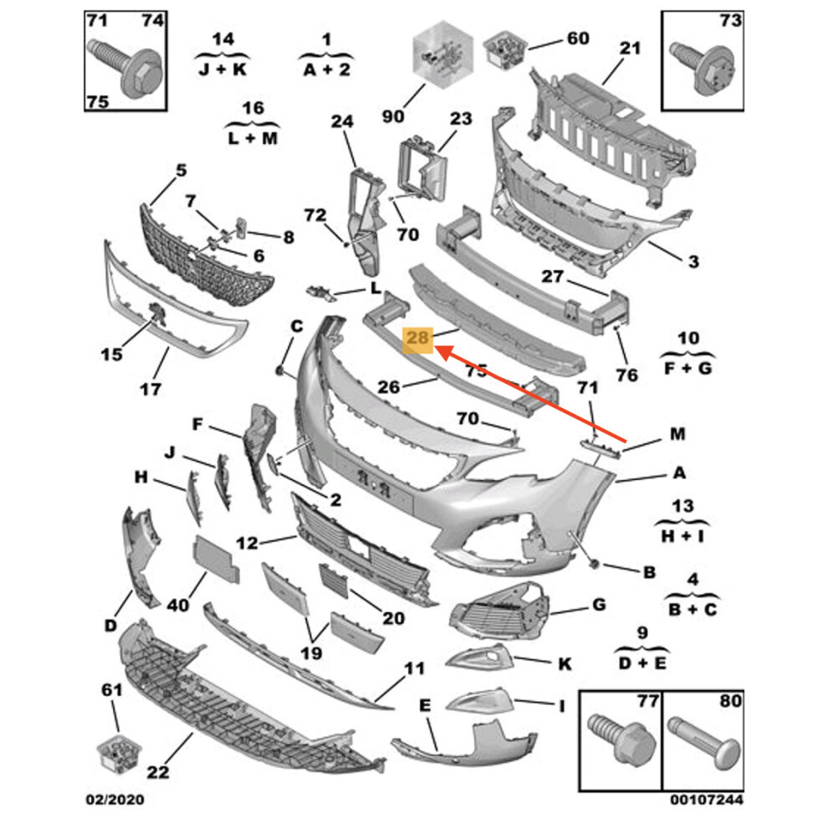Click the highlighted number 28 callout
(x=417, y=339)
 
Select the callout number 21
(x=629, y=49)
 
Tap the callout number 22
(x=158, y=773)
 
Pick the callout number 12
(x=248, y=543)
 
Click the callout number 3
(x=693, y=263)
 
